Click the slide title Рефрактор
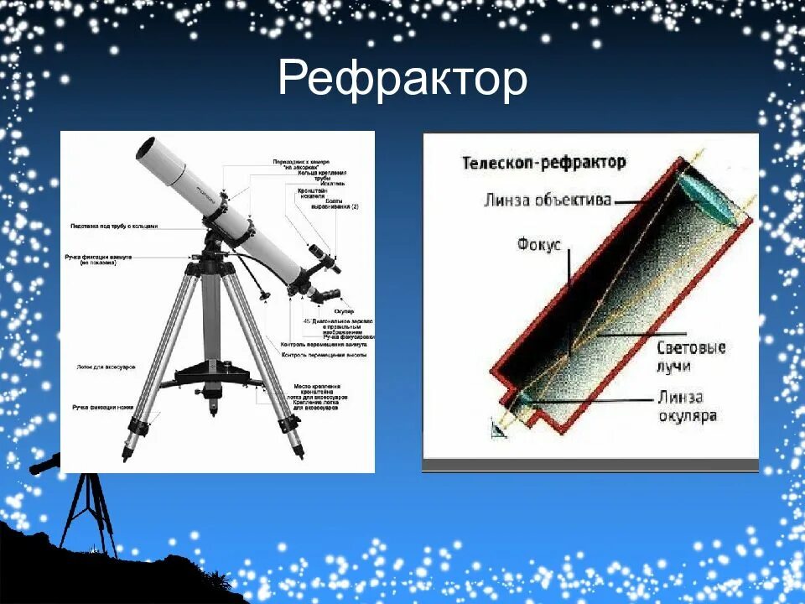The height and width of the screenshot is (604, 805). [402, 80]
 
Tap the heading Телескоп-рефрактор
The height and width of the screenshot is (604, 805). [543, 162]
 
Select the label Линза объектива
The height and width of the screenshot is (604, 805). [547, 200]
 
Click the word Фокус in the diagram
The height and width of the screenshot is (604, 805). [538, 244]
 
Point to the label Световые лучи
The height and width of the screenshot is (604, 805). [690, 356]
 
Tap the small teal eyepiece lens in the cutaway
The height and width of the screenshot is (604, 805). [523, 400]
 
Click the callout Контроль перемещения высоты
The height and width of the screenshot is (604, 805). [322, 355]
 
